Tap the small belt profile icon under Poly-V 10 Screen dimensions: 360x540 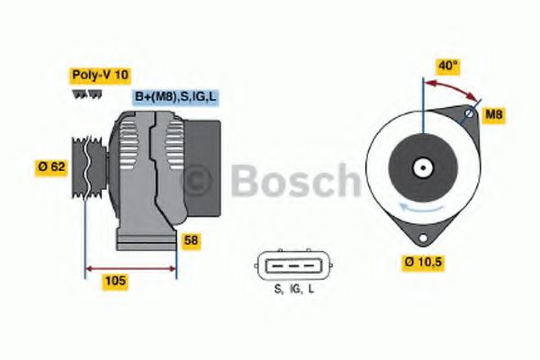[81, 94]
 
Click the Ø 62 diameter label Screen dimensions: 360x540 [51, 166]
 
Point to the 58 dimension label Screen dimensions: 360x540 [192, 240]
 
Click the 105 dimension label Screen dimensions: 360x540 [115, 281]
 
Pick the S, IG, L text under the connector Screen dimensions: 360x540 [294, 289]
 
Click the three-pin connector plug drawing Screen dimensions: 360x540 [294, 265]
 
